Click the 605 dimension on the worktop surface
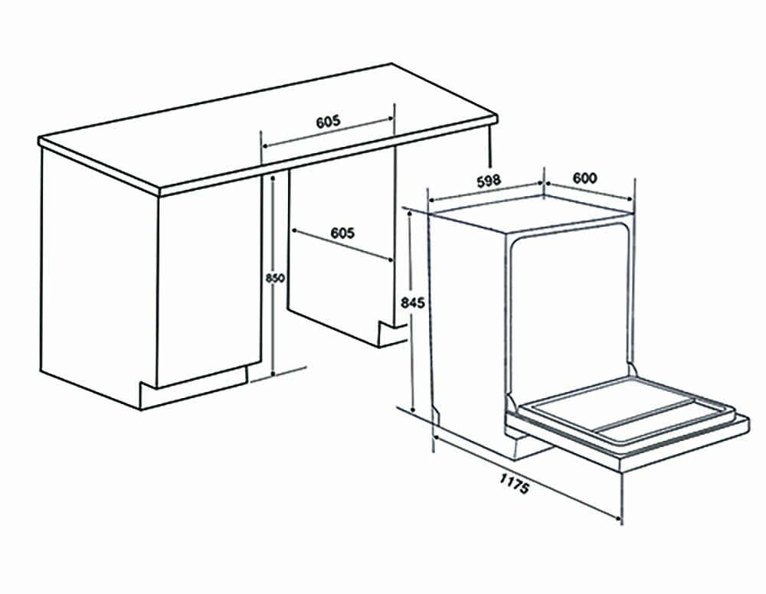[328, 122]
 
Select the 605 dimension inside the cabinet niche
[342, 233]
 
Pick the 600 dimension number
[584, 178]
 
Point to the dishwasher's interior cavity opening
[571, 306]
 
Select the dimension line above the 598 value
[486, 194]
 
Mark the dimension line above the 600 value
[588, 191]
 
